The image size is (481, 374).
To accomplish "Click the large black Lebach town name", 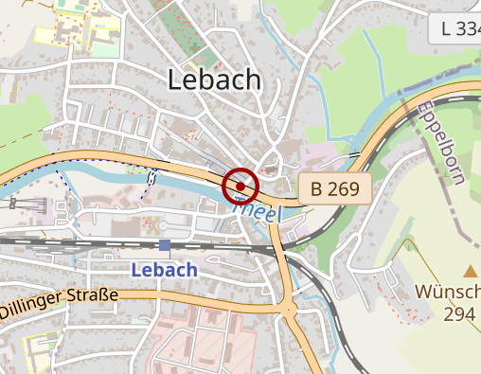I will tap(214, 80).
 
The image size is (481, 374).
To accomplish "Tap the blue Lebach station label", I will tap(165, 270).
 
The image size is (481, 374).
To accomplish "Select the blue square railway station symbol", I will tap(165, 246).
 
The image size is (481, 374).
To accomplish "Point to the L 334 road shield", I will tap(460, 29).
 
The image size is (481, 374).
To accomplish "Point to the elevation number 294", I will tap(459, 314).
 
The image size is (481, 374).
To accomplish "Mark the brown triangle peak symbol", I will tap(471, 271).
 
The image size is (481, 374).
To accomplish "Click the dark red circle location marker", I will tap(240, 187).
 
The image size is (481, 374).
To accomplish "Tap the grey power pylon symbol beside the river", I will tap(40, 203).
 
